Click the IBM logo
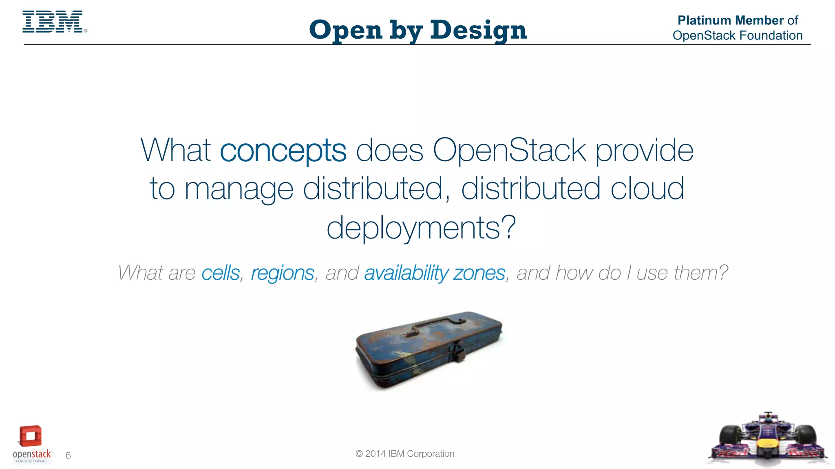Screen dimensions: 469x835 (53, 22)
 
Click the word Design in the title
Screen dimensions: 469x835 (478, 31)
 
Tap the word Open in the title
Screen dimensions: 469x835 (346, 31)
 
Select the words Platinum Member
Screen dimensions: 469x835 (730, 20)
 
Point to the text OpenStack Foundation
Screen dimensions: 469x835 (737, 36)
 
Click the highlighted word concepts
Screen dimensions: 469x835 (283, 150)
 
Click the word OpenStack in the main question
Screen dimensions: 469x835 (509, 150)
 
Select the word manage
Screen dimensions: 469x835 (239, 189)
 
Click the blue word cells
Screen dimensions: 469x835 (220, 273)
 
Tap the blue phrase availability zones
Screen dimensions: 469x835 (434, 273)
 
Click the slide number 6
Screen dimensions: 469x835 (68, 456)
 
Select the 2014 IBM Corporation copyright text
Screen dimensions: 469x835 (404, 454)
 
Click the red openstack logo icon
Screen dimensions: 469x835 (31, 436)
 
